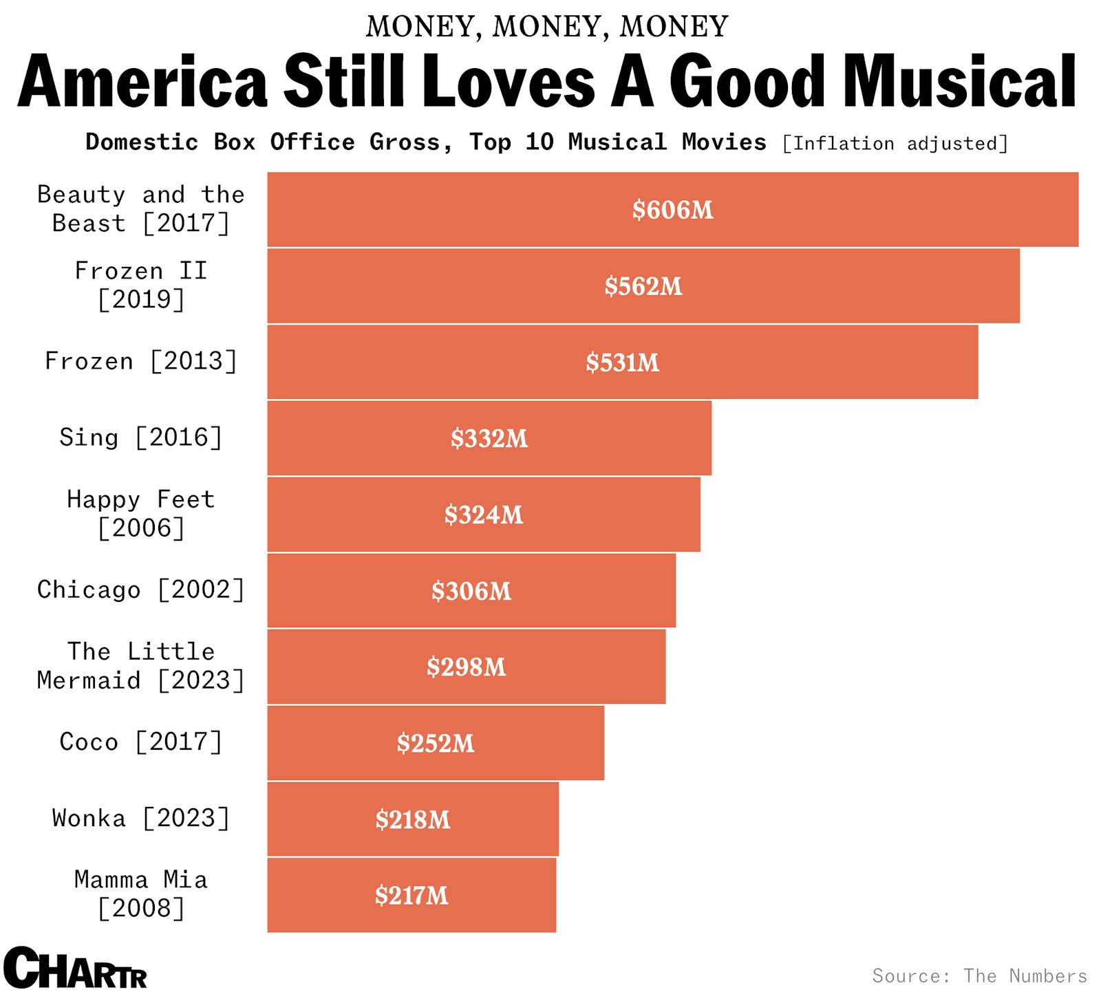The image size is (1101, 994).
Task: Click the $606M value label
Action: (x=672, y=210)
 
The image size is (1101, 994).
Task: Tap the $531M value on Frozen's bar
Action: (x=622, y=363)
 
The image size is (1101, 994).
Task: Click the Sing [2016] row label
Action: (x=140, y=437)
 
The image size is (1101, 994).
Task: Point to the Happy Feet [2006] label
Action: (x=140, y=514)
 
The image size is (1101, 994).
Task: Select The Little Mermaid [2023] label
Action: (x=140, y=666)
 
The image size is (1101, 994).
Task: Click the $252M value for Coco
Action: (x=435, y=744)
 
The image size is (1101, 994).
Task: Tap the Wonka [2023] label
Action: (x=140, y=819)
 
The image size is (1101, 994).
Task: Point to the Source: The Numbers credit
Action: (x=979, y=976)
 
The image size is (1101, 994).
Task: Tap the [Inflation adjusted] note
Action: (x=895, y=144)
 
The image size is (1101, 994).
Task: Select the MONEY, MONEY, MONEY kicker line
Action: (x=547, y=27)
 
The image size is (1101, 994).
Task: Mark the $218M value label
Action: (x=412, y=820)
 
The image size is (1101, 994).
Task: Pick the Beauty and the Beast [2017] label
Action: (x=140, y=209)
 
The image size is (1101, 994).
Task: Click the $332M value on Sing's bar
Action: (x=489, y=439)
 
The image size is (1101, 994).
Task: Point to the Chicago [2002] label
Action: (x=140, y=590)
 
